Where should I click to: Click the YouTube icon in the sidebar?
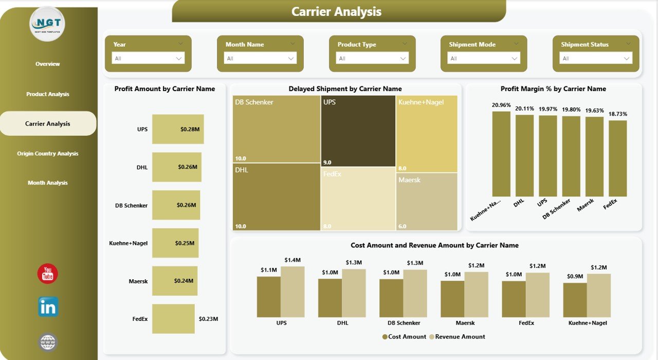click(47, 274)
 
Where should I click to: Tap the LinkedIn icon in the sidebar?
click(48, 307)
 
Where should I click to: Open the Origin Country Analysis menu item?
click(48, 153)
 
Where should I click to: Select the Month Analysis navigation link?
click(48, 183)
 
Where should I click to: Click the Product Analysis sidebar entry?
click(48, 94)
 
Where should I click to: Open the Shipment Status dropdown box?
click(596, 59)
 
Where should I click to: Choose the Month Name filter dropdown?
click(260, 59)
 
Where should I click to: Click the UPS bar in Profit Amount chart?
click(178, 129)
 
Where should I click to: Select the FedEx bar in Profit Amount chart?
click(173, 319)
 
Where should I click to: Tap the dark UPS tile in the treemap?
click(358, 131)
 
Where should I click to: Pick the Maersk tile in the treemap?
click(427, 202)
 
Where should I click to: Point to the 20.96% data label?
click(501, 105)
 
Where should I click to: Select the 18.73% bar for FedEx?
click(617, 158)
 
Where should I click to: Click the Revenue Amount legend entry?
click(460, 337)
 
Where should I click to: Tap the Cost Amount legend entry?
click(405, 337)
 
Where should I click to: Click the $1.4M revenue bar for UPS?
click(293, 292)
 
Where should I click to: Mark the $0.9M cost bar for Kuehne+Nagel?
click(575, 300)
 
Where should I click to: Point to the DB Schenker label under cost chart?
click(404, 323)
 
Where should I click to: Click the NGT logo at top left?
click(47, 24)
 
